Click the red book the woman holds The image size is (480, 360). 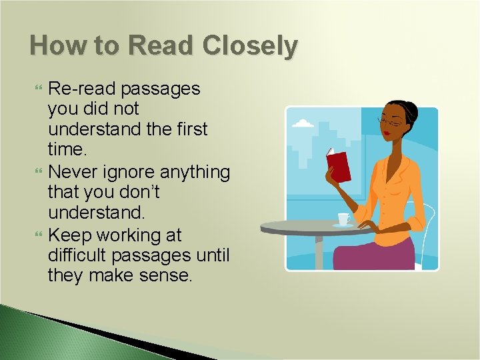(338, 166)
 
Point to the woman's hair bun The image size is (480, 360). (409, 109)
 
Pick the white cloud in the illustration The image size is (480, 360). (303, 123)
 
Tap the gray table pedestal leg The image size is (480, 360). (319, 251)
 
